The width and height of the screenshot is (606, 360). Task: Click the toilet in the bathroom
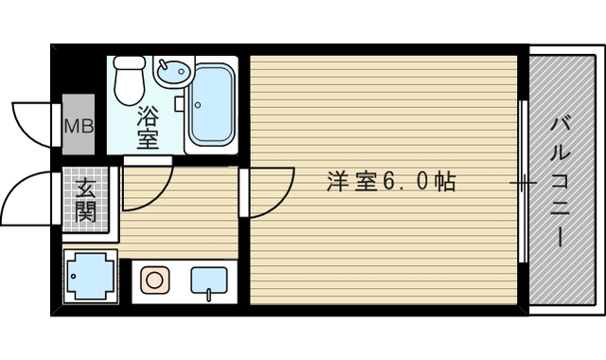[x=130, y=81]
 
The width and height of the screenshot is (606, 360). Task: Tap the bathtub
[x=210, y=105]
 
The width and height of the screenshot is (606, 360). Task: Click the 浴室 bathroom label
[x=148, y=129]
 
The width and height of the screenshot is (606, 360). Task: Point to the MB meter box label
[x=78, y=124]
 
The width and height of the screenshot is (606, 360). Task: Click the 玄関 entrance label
[x=85, y=200]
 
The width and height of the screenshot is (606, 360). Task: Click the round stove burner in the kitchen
[x=153, y=279]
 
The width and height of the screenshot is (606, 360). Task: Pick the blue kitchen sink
[x=208, y=280]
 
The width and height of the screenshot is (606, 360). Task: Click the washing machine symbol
[x=91, y=277]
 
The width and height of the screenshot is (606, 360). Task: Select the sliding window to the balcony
[x=523, y=180]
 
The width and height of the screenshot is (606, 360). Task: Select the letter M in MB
[x=71, y=124]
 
